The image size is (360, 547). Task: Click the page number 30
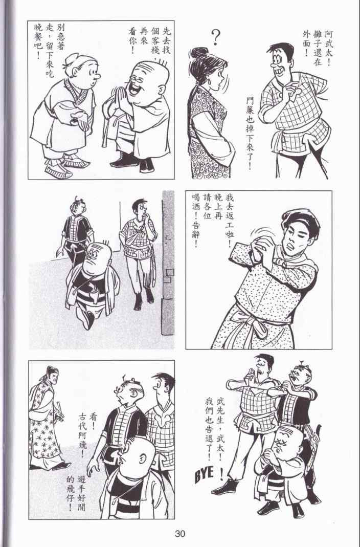[180, 533]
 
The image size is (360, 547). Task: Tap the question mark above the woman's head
[216, 37]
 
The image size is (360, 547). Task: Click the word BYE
[204, 474]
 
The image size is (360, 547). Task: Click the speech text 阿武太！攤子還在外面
[317, 44]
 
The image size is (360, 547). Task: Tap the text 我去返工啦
[229, 220]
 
